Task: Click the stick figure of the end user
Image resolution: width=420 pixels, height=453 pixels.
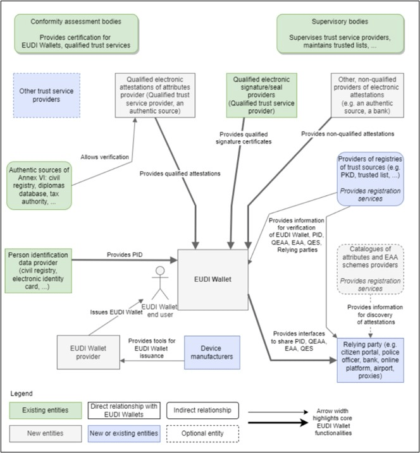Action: tap(160, 284)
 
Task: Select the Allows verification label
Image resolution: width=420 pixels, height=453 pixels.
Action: tap(104, 156)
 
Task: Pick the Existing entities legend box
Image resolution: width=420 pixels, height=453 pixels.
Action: tap(45, 411)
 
